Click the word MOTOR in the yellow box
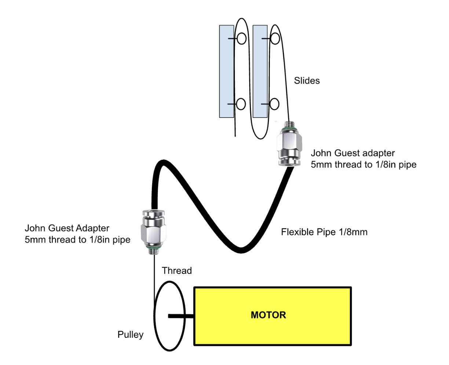point(268,315)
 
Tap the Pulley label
point(130,335)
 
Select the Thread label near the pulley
point(177,271)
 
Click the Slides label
point(307,80)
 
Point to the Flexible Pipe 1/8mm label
point(324,232)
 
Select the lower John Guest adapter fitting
point(154,230)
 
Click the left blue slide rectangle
point(226,71)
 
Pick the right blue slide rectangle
point(260,71)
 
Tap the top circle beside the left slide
point(241,38)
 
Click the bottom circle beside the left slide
point(241,104)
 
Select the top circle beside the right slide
point(275,38)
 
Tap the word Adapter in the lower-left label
point(92,228)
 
